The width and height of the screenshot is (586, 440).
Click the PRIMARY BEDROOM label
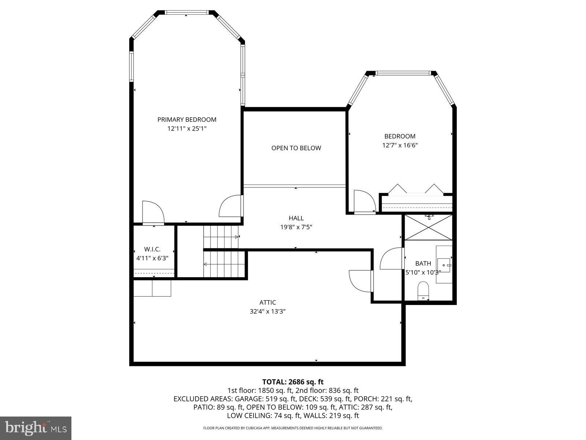[x=187, y=120]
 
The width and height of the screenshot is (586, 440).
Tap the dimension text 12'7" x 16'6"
[x=400, y=145]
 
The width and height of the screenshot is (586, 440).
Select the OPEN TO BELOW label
[x=296, y=148]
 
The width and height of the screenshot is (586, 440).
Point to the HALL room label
[x=296, y=218]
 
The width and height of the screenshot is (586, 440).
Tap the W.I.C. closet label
[x=152, y=249]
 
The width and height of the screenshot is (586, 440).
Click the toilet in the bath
[x=423, y=290]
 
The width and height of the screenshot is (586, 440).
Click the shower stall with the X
[x=428, y=227]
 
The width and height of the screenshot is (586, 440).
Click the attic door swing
[x=361, y=281]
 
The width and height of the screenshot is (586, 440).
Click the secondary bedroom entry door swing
[x=364, y=201]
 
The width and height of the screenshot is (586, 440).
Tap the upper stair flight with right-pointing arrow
[x=221, y=237]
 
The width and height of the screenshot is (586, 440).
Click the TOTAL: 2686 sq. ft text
[x=293, y=382]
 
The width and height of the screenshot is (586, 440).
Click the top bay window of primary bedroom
[x=187, y=12]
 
